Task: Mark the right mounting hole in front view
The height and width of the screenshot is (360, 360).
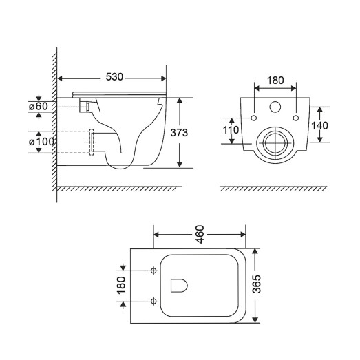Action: (x=297, y=117)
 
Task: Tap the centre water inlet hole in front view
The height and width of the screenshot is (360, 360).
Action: (x=275, y=108)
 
